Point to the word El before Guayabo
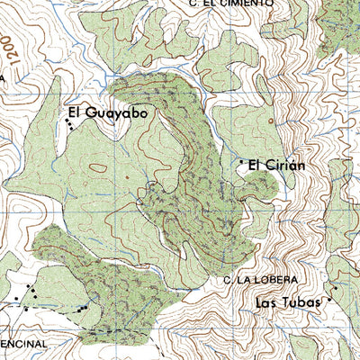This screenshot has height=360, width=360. coord(74,113)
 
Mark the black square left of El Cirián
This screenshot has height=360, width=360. coord(240,162)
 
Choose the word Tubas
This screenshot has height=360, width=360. coord(301,302)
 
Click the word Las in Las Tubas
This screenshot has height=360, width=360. coord(267,302)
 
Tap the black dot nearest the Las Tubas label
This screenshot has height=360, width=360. coord(330,300)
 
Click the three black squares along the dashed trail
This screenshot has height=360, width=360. coord(82,309)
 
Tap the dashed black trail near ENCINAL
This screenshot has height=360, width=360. coord(45,308)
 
